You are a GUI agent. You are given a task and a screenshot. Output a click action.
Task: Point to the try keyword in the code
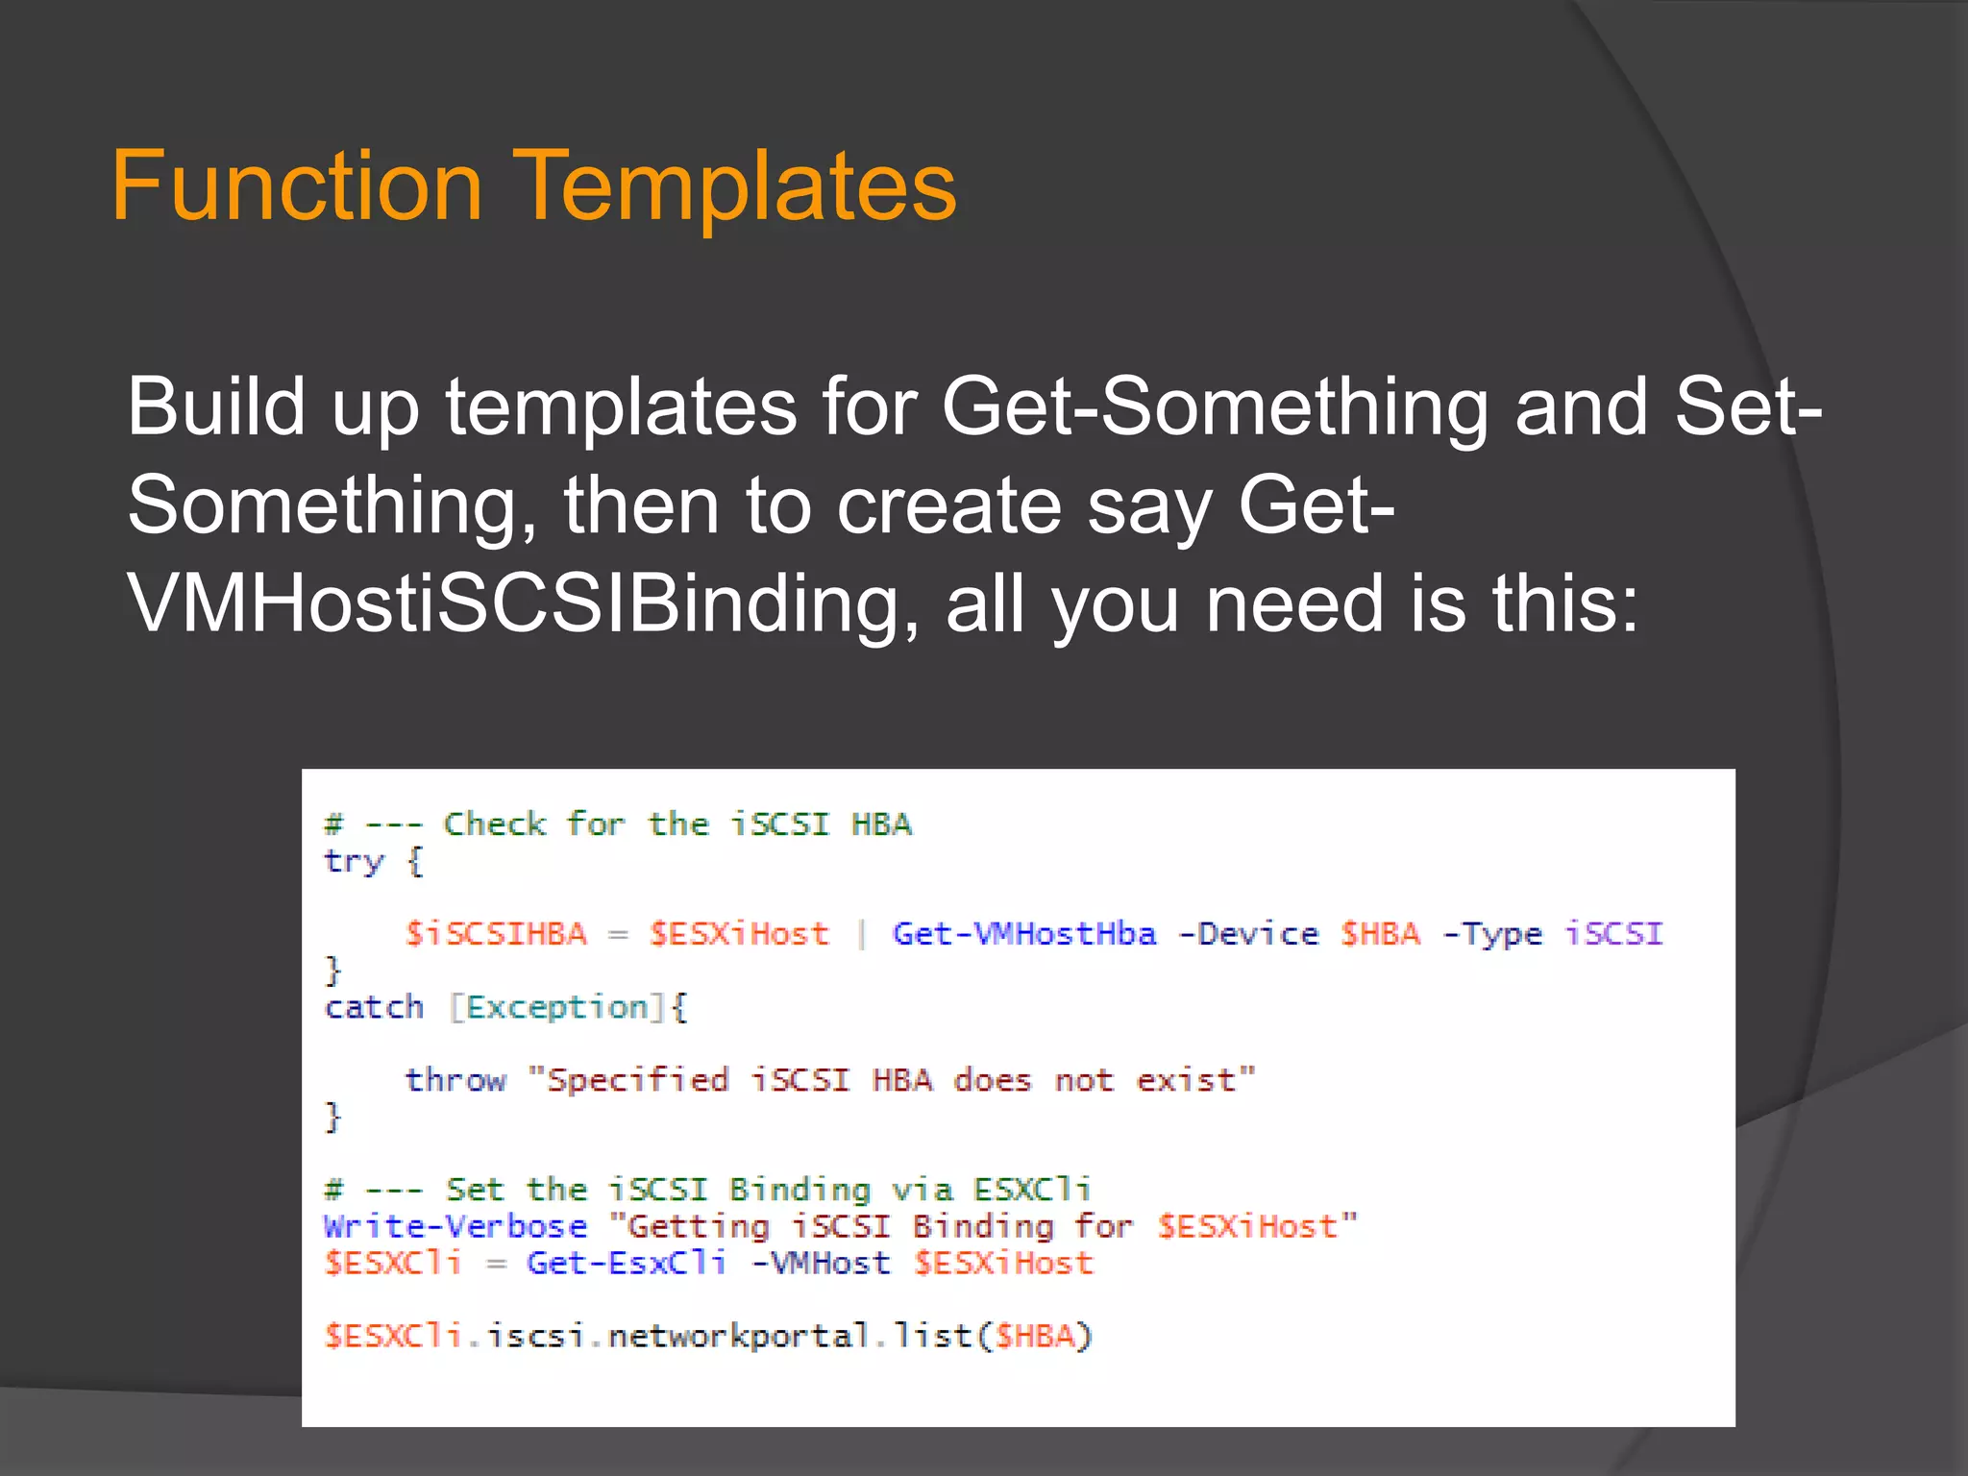coord(354,862)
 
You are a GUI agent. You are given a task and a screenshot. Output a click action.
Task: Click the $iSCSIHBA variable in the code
coord(496,934)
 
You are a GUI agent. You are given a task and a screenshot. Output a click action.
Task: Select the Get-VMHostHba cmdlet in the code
coord(1024,934)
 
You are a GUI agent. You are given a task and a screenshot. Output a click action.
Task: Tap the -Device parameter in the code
coord(1248,934)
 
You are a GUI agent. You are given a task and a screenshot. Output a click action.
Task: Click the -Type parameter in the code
coord(1492,934)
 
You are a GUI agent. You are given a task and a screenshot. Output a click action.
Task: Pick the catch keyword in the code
coord(374,1007)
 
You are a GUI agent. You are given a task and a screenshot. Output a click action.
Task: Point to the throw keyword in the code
coord(455,1080)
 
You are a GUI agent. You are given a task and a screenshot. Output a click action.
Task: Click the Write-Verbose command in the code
coord(455,1227)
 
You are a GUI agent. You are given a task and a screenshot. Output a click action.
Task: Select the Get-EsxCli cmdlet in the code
coord(627,1263)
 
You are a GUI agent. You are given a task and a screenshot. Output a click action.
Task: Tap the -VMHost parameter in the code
coord(822,1263)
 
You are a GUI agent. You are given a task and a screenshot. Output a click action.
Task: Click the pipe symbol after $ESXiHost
coord(861,934)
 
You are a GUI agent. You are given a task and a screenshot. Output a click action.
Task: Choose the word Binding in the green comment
coord(799,1190)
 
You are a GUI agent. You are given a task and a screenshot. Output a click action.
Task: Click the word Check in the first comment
coord(495,824)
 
